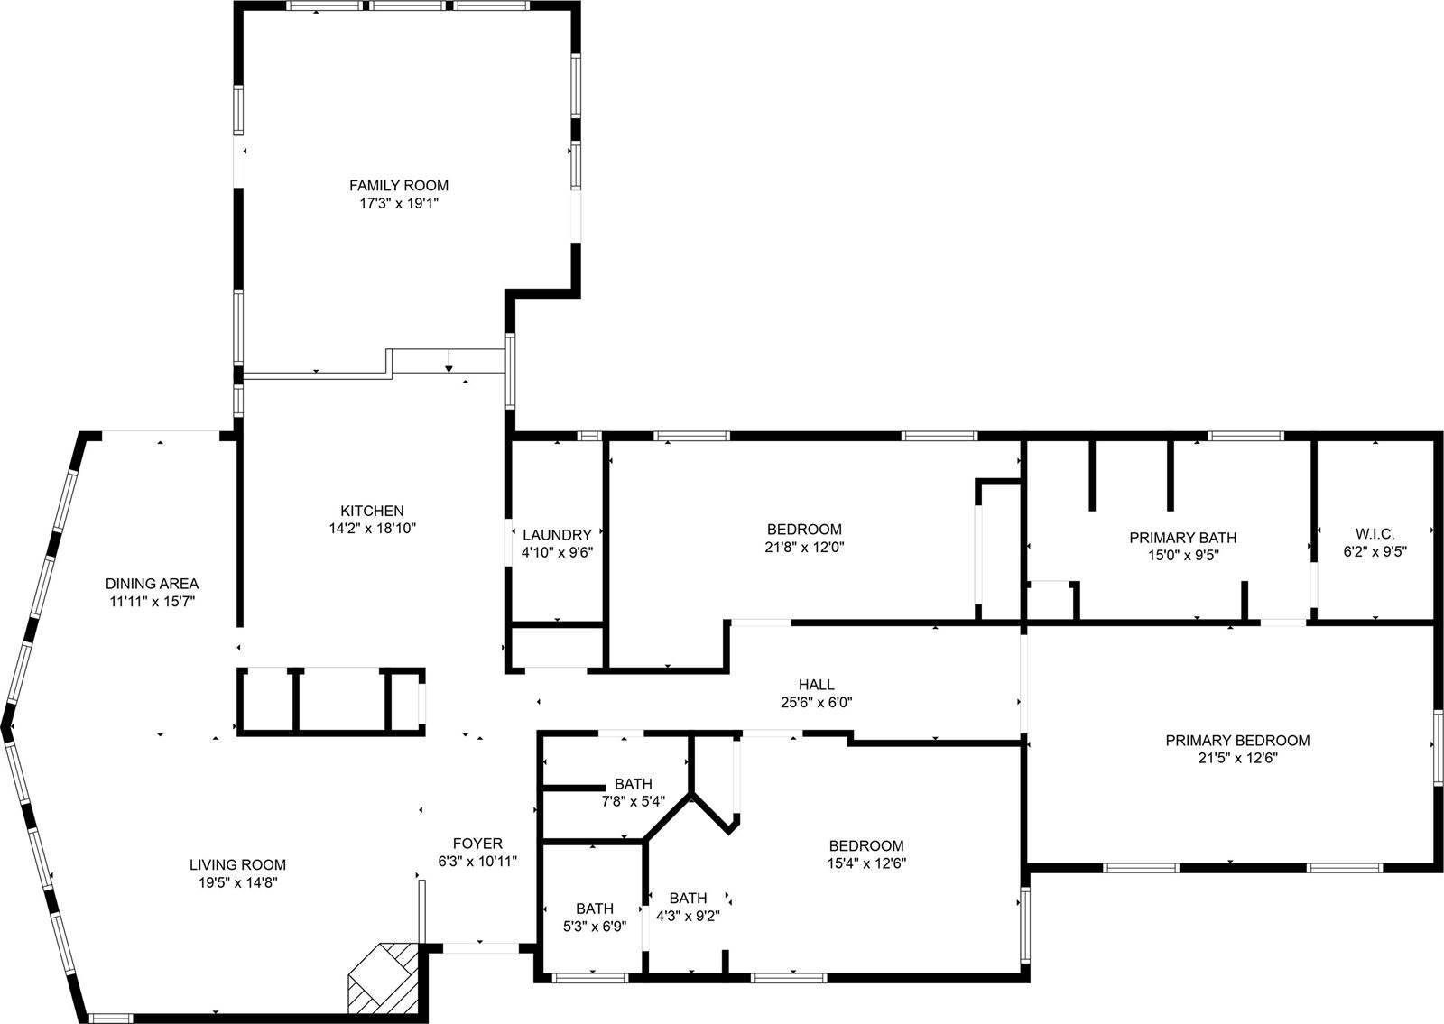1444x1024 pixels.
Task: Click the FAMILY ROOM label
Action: [x=398, y=186]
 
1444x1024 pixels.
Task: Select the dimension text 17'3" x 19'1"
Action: [x=398, y=203]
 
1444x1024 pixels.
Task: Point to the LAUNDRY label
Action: [x=557, y=535]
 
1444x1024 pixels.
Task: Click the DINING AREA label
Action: [x=152, y=584]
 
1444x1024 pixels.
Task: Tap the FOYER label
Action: [x=477, y=844]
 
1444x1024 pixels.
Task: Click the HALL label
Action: [x=816, y=685]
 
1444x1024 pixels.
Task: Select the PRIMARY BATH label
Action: [x=1182, y=538]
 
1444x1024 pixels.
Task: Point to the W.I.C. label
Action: [x=1375, y=534]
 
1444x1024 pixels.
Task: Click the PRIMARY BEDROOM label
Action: [x=1237, y=741]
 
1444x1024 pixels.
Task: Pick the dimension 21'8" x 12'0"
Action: [x=804, y=547]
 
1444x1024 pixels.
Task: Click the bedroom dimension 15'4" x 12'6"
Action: [x=866, y=863]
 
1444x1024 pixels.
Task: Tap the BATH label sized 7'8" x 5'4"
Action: [x=633, y=783]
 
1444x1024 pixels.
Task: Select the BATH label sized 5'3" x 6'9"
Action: [x=595, y=909]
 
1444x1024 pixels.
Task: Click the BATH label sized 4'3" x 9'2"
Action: [x=688, y=898]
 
